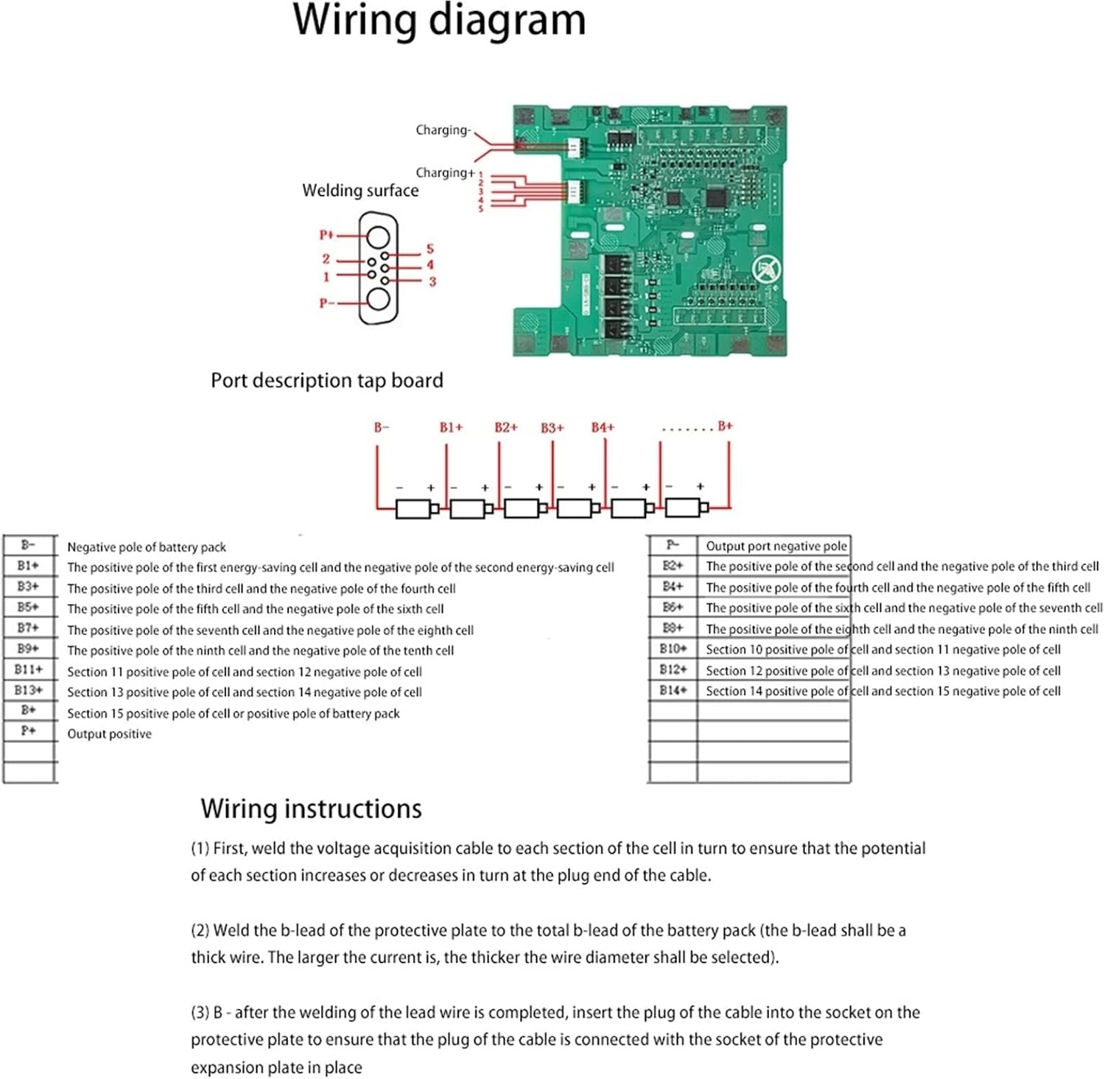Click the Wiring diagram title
pyautogui.click(x=439, y=21)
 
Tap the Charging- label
pyautogui.click(x=443, y=130)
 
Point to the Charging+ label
pyautogui.click(x=445, y=173)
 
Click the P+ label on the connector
pyautogui.click(x=326, y=235)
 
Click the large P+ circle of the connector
pyautogui.click(x=379, y=237)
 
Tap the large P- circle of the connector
pyautogui.click(x=379, y=300)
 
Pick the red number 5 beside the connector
pyautogui.click(x=430, y=249)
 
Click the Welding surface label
pyautogui.click(x=360, y=191)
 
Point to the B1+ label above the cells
pyautogui.click(x=451, y=427)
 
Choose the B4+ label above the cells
pyautogui.click(x=603, y=427)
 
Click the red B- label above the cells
pyautogui.click(x=381, y=427)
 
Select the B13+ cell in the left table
pyautogui.click(x=29, y=690)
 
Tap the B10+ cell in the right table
pyautogui.click(x=673, y=649)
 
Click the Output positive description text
pyautogui.click(x=109, y=734)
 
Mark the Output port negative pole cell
pyautogui.click(x=776, y=546)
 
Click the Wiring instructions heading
pyautogui.click(x=311, y=809)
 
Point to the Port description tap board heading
pyautogui.click(x=327, y=381)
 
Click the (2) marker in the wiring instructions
pyautogui.click(x=200, y=930)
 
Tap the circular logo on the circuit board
pyautogui.click(x=766, y=269)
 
